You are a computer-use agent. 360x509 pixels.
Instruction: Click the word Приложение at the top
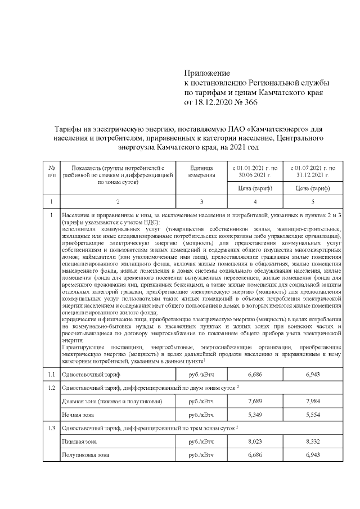(208, 74)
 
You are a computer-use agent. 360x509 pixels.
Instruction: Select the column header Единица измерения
(201, 172)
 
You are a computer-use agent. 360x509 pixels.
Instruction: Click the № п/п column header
(51, 172)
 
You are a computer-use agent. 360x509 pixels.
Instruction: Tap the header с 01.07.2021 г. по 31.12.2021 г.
(313, 172)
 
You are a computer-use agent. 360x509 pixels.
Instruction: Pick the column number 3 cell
(201, 201)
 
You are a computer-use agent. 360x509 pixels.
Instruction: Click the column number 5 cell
(313, 201)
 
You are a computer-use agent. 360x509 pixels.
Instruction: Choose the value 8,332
(313, 442)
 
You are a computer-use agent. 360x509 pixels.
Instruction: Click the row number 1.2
(51, 388)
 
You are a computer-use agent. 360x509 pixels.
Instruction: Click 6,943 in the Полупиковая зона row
(313, 454)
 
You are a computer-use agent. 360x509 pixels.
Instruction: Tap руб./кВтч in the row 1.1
(201, 374)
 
